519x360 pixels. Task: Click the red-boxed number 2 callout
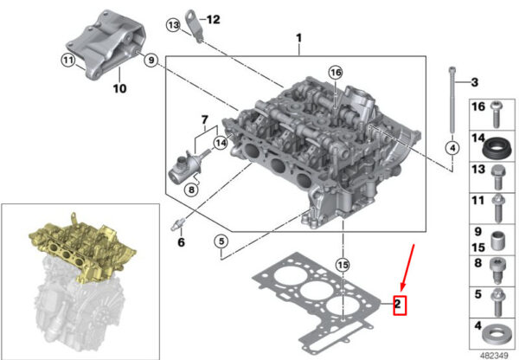click(x=400, y=305)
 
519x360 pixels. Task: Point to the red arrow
click(x=407, y=267)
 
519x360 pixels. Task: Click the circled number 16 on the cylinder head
click(x=336, y=73)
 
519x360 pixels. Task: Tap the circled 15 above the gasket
click(x=343, y=265)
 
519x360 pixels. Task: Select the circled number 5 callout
click(x=221, y=241)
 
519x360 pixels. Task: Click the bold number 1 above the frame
click(x=299, y=38)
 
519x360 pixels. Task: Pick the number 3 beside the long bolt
click(x=475, y=82)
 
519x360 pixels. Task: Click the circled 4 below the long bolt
click(x=452, y=148)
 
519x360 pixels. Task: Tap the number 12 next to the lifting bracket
click(x=213, y=20)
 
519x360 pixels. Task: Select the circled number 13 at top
click(x=173, y=25)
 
